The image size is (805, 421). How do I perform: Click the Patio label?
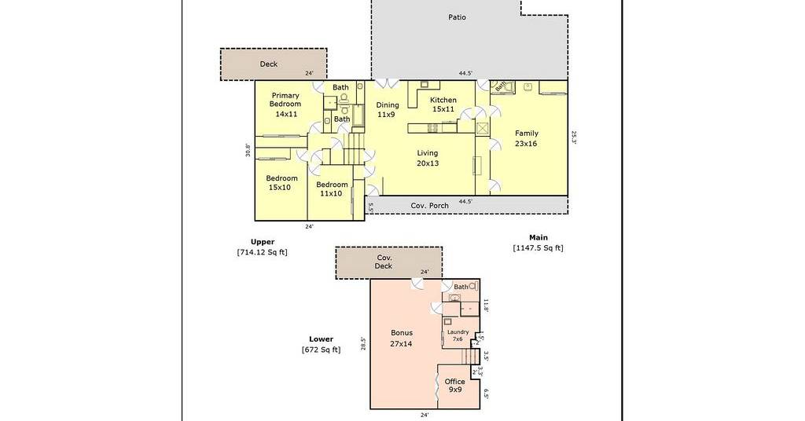pos(457,17)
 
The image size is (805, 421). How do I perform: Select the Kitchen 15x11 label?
pos(443,104)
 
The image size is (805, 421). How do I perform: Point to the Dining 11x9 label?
pos(387,110)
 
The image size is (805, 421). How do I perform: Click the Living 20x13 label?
pos(428,158)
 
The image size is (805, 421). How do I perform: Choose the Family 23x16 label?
pos(526,138)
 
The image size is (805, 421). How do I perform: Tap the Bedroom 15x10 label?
pos(281,183)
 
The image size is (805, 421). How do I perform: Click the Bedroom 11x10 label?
pos(332,189)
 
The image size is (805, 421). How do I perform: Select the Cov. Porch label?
pos(430,206)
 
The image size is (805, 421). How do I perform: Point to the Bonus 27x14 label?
pos(402,339)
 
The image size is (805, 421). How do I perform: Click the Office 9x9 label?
pos(455,386)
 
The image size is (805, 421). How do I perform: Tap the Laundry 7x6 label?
pos(458,335)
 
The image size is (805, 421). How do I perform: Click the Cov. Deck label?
pos(384,262)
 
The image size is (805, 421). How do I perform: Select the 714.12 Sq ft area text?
pos(262,252)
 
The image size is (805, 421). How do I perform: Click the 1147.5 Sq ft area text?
pos(538,248)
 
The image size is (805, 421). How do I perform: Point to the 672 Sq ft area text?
pos(321,350)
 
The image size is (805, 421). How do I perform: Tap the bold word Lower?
pos(321,339)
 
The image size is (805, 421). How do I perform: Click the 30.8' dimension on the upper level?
pos(248,150)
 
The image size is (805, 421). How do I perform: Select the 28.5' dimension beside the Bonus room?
pos(363,343)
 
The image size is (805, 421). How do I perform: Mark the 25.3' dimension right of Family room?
pos(575,138)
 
